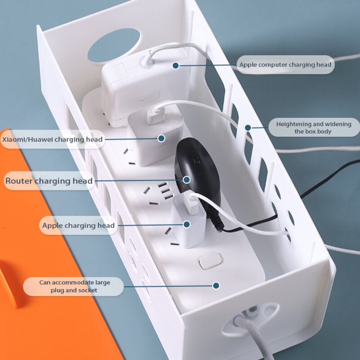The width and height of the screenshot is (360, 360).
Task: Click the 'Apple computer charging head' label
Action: point(285,65)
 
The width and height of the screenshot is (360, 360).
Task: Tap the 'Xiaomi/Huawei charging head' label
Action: point(52,139)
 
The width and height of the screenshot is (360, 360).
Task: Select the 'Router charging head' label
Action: point(49,181)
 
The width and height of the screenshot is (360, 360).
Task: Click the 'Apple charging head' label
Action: point(78,225)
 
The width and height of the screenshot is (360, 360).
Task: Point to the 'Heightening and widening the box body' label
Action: point(313,127)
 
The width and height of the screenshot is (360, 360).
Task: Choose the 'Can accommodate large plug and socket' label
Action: point(74,286)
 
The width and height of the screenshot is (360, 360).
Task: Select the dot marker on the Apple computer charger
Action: point(175,65)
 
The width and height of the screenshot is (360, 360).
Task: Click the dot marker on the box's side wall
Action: point(247,128)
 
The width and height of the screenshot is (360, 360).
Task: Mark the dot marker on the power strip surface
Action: point(216,285)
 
